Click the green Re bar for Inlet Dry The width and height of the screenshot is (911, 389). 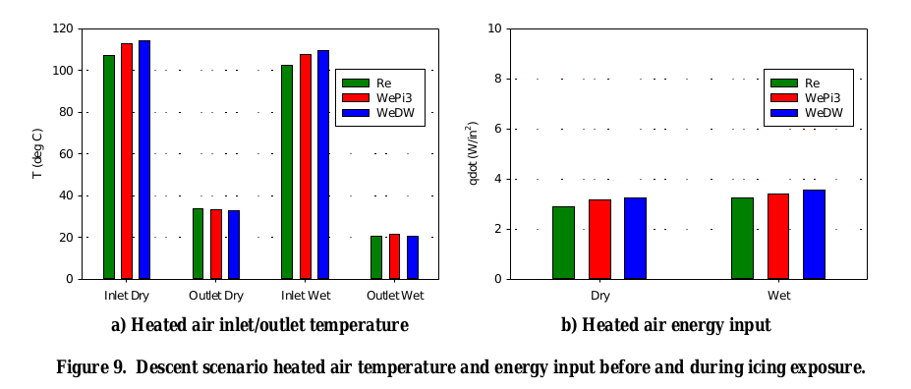tap(109, 167)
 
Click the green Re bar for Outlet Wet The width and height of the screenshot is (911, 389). tap(376, 257)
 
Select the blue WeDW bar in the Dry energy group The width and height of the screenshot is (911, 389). tap(635, 239)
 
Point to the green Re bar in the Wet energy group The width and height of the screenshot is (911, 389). tap(742, 239)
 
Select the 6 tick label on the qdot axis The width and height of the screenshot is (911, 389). tap(498, 129)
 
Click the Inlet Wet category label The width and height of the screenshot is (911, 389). tap(306, 295)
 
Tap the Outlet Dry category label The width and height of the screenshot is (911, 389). tap(216, 295)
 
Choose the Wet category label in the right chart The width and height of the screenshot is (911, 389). tap(778, 295)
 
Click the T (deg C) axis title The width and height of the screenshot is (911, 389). tap(37, 153)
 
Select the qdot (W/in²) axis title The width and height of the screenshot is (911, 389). tap(473, 153)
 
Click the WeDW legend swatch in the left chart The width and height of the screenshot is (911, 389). tap(355, 113)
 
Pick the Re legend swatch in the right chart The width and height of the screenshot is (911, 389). tap(783, 83)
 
